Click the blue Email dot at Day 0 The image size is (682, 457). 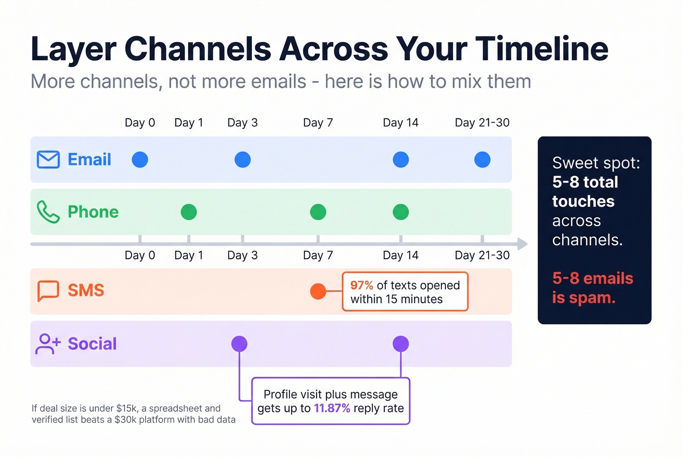click(140, 160)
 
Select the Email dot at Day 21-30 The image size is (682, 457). click(482, 160)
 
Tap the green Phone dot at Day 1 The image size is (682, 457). click(189, 212)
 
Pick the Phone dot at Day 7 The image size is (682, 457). click(318, 212)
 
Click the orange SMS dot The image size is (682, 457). click(318, 291)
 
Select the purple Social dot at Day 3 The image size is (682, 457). click(239, 344)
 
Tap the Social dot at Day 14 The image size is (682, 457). click(400, 344)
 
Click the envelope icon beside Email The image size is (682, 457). click(48, 160)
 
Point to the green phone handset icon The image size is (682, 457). click(48, 212)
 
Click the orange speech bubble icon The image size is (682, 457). click(48, 291)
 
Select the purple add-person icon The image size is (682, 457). click(48, 344)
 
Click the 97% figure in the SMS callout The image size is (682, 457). click(361, 285)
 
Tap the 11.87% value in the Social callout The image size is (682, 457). click(332, 408)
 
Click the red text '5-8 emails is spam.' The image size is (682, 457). click(592, 288)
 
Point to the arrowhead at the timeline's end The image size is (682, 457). click(522, 244)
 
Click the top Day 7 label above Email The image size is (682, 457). click(318, 123)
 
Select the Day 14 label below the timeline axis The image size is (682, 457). click(400, 256)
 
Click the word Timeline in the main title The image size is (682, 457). click(542, 49)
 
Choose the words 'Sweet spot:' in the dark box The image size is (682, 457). click(596, 163)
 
